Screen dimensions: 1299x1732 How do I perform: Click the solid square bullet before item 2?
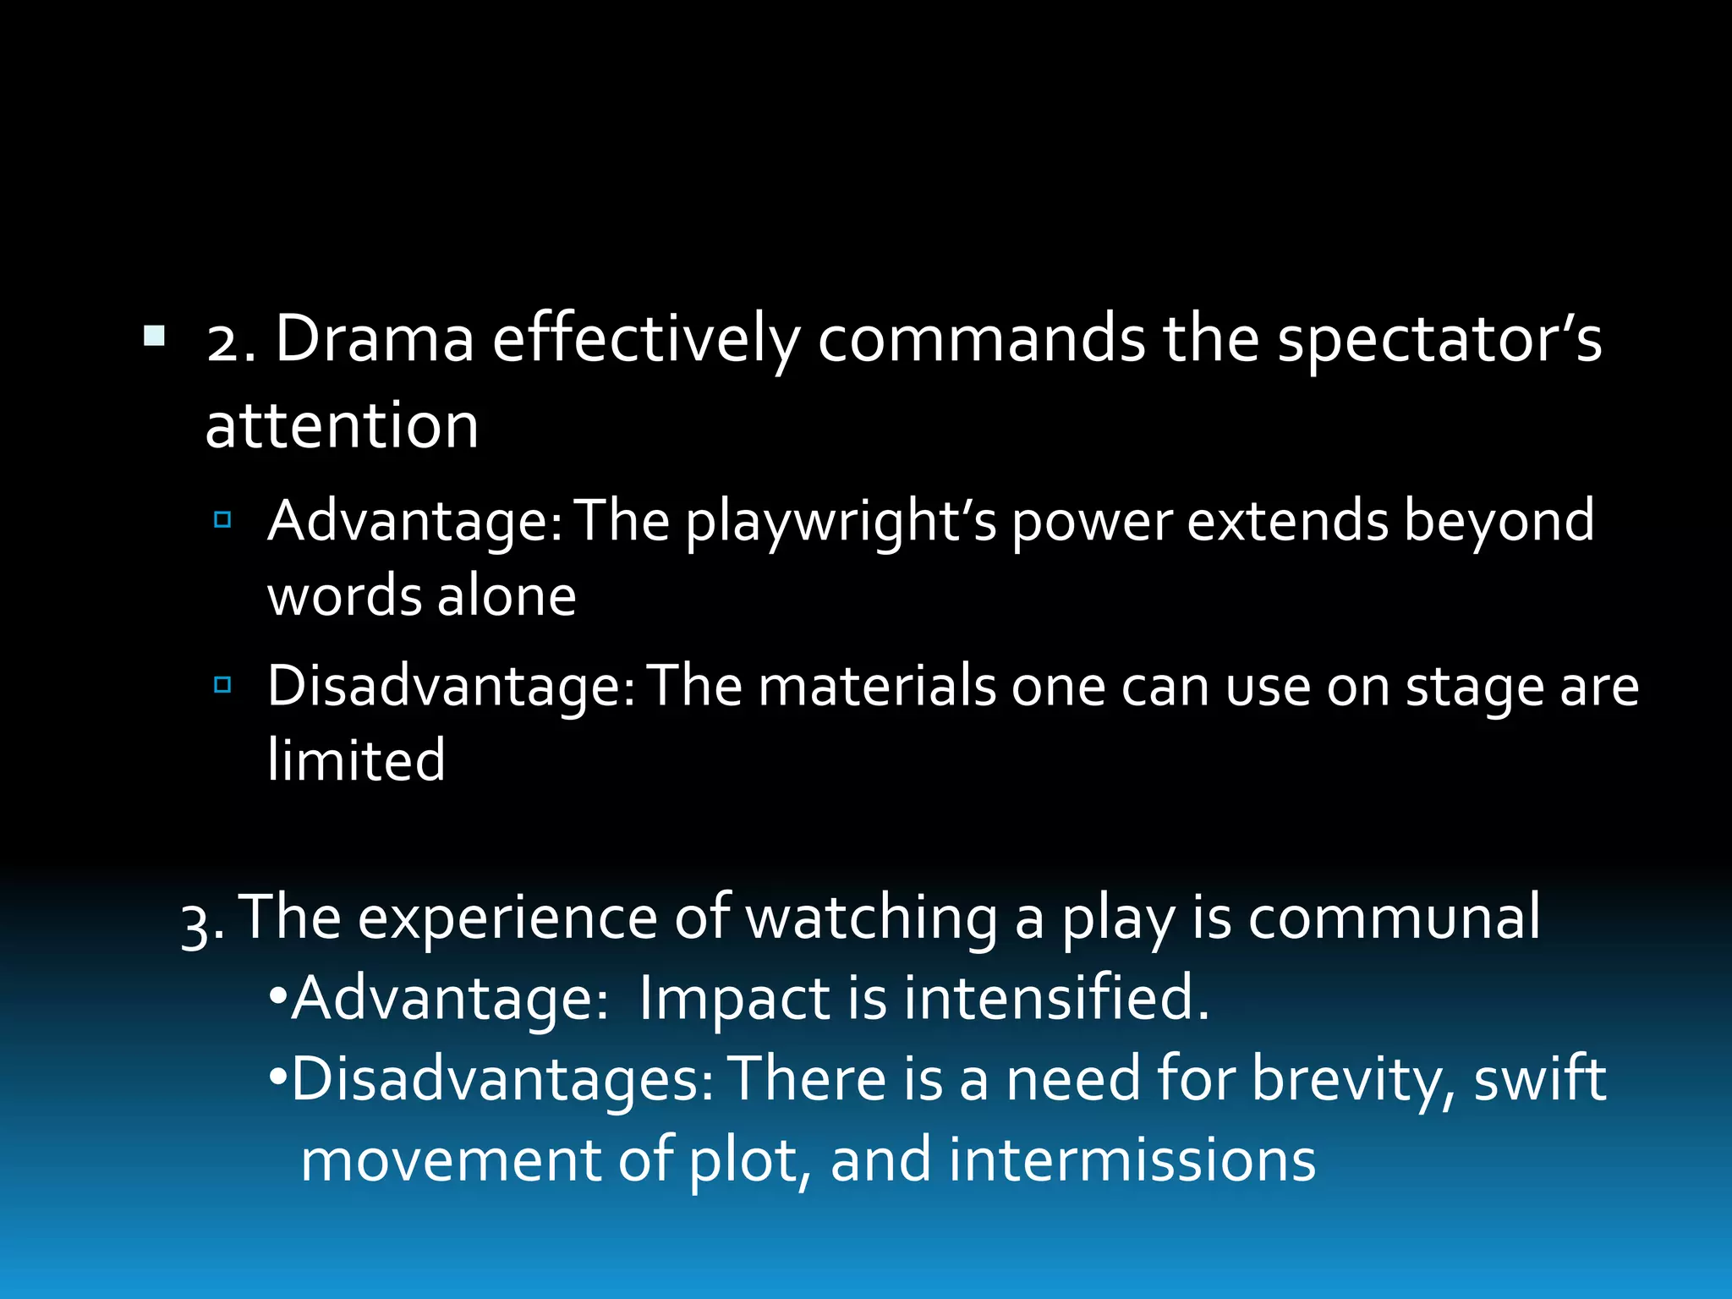point(154,337)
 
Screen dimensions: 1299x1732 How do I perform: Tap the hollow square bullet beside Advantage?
point(222,519)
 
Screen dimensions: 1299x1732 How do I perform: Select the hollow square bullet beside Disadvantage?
point(222,684)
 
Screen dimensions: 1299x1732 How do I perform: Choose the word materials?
point(877,685)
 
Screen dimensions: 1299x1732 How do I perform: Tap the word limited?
point(356,759)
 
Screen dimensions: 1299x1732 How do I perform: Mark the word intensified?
point(1056,999)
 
